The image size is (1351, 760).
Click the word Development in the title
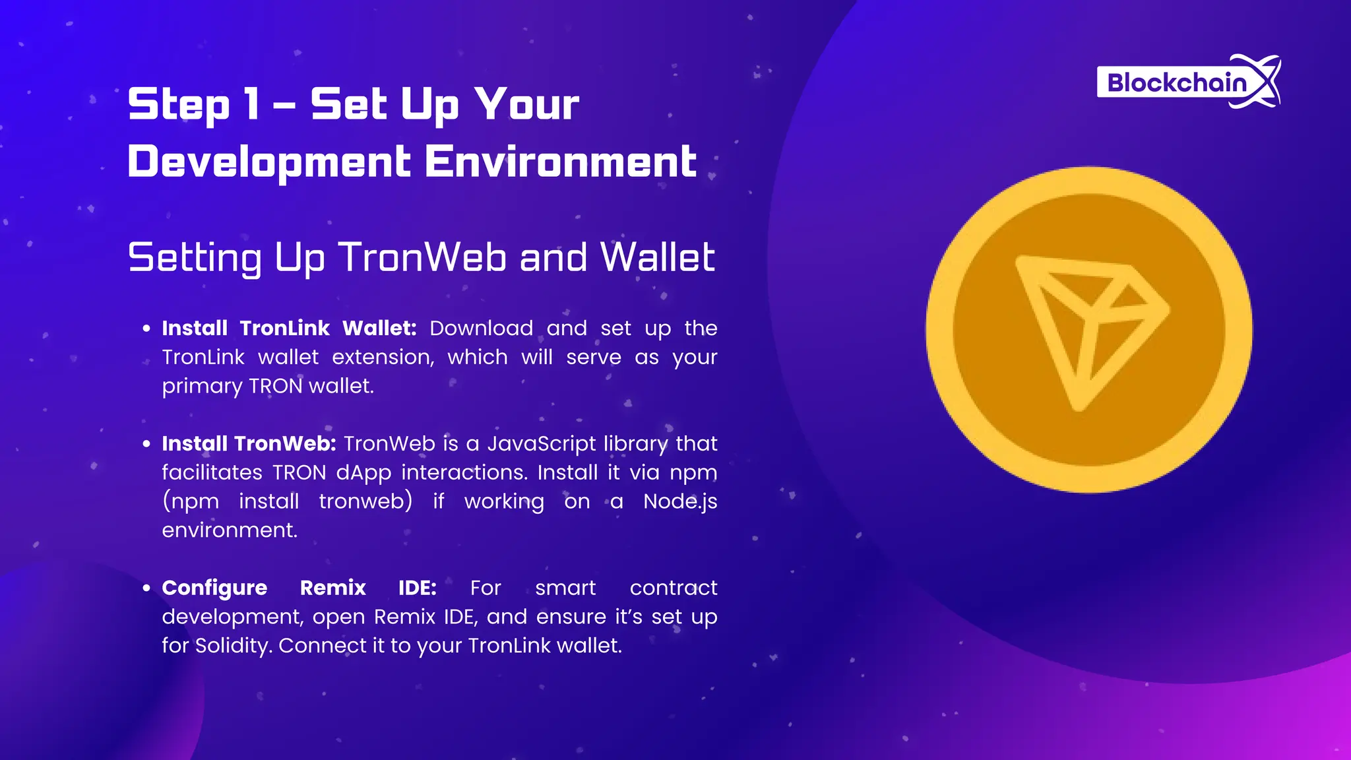click(269, 162)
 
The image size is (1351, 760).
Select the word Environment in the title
click(561, 162)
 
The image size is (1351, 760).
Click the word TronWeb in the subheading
click(422, 257)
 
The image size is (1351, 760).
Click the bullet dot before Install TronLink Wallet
click(146, 329)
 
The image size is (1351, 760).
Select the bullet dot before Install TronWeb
click(146, 444)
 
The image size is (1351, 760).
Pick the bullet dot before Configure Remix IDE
click(146, 588)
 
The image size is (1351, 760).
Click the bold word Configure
click(214, 588)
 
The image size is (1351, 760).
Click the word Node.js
click(680, 501)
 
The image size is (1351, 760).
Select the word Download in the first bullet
click(481, 329)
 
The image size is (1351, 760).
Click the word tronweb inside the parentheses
click(365, 501)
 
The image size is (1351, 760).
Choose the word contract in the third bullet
click(673, 588)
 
